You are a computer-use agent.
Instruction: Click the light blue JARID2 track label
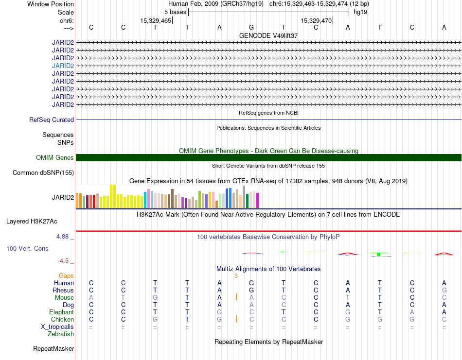[63, 66]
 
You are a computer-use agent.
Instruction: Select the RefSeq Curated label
[52, 120]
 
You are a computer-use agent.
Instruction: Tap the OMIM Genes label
[55, 157]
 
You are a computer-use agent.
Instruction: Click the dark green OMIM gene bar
[268, 157]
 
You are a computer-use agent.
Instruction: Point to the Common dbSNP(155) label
[43, 173]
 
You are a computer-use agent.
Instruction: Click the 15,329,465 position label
[156, 20]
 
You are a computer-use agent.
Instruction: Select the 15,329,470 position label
[316, 20]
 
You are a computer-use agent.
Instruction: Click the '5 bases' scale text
[175, 12]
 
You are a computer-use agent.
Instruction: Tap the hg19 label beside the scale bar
[360, 12]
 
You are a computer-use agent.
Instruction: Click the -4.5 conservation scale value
[63, 261]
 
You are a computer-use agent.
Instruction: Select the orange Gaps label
[66, 275]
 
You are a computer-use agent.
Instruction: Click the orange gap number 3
[236, 276]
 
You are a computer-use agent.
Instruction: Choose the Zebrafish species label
[61, 334]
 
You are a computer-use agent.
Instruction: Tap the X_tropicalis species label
[57, 327]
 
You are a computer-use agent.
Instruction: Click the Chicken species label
[62, 319]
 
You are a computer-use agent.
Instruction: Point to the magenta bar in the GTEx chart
[258, 201]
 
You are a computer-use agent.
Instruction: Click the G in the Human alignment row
[251, 283]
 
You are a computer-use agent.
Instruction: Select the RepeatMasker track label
[53, 348]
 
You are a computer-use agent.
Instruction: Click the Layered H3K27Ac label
[32, 222]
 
